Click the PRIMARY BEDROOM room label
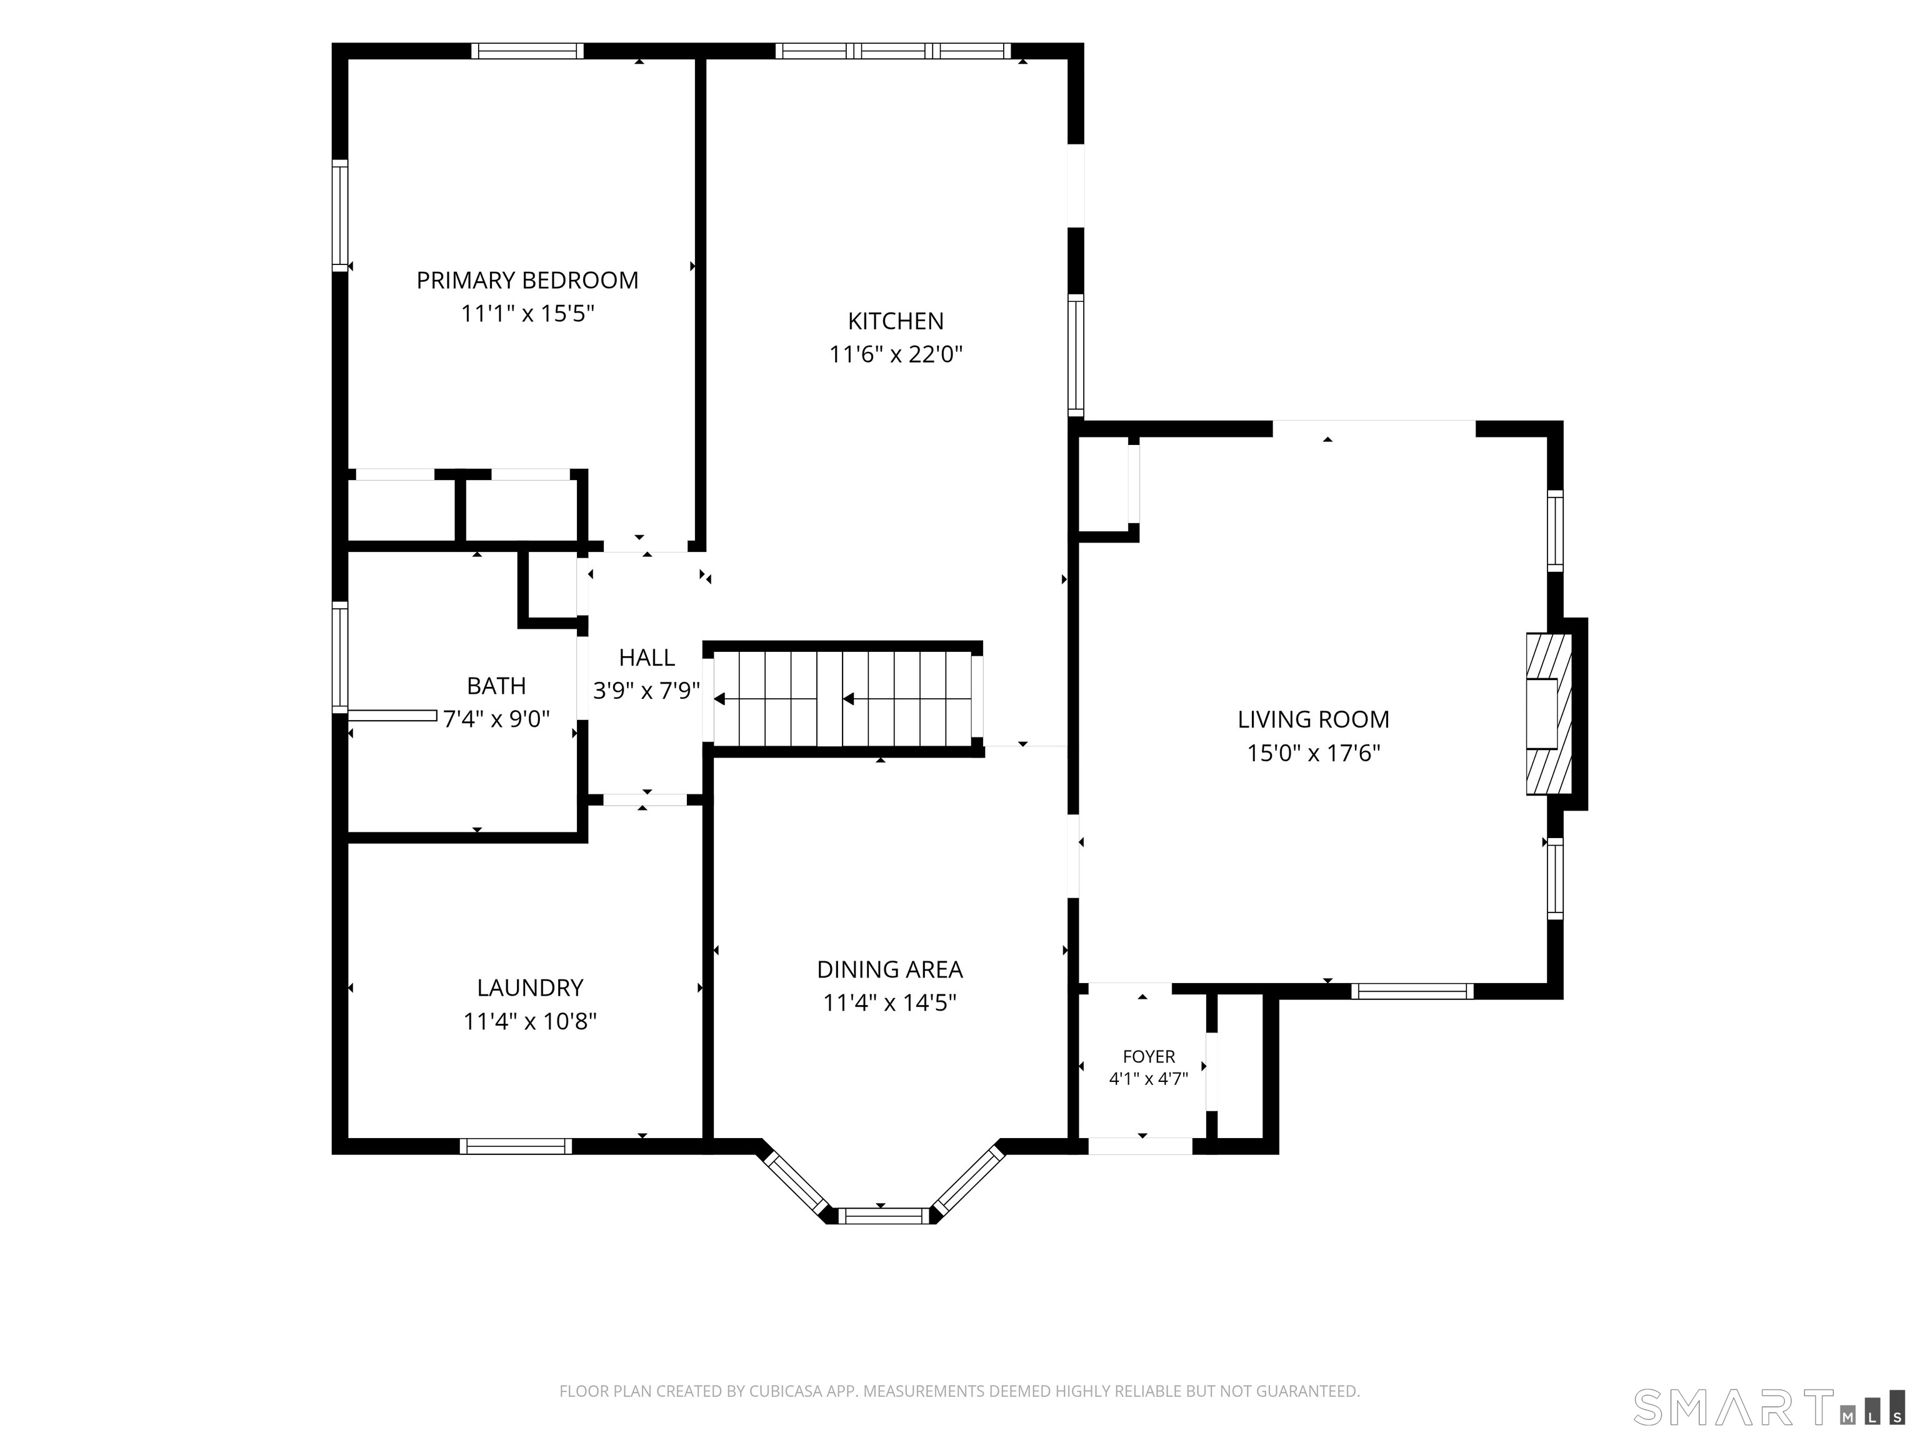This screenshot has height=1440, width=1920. coord(527,281)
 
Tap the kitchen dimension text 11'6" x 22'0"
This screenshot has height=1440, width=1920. coord(896,354)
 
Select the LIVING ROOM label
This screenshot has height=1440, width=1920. coord(1313,719)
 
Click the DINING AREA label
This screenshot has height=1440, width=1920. coord(890,969)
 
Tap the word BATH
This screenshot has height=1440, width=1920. coord(496,686)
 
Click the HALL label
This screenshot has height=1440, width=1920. coord(647,657)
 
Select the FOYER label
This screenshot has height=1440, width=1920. coord(1148,1056)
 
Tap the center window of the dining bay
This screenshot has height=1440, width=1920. coord(886,1215)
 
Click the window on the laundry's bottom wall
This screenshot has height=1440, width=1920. coord(516,1146)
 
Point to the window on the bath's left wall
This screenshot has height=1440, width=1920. coord(340,657)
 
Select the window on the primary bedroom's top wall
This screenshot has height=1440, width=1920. coord(527,51)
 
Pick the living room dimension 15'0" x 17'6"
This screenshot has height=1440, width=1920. coord(1313,752)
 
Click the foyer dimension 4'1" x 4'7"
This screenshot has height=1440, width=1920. coord(1148,1079)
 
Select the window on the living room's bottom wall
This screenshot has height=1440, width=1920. coord(1412,991)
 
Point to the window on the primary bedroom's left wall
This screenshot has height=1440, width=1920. coord(340,215)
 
